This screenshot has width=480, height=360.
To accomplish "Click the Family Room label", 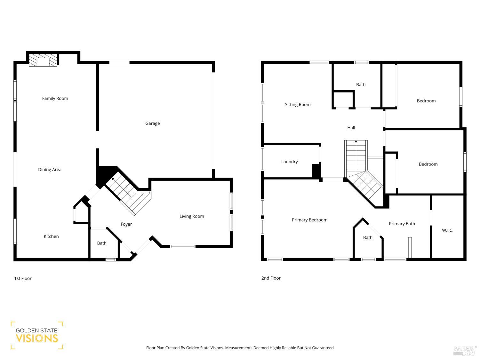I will pos(55,99).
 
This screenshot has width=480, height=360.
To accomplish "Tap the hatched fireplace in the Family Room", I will pos(43,60).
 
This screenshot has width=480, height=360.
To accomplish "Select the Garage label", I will pos(152,124).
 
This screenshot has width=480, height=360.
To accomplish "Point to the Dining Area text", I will pos(50,170).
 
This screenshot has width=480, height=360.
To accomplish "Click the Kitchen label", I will pos(51,236).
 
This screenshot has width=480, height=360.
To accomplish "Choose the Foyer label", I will pos(126,224).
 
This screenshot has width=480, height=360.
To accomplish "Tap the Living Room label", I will pos(192,216).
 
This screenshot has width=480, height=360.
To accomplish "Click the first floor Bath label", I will pos(102,243).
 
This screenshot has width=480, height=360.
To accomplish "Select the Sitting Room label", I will pos(298,105).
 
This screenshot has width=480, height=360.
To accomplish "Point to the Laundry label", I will pos(289,162).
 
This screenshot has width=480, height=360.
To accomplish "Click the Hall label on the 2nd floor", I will pos(351,128).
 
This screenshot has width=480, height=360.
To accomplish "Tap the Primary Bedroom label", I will pos(309,220).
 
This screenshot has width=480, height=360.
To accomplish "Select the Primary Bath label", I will pos(402,224).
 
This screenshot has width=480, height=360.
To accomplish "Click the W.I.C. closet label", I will pos(447,230).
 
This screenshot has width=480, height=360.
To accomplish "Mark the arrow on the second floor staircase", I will pos(356,141).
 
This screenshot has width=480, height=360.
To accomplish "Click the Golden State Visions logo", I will pos(36,335).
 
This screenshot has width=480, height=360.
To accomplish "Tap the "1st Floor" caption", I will pos(23,278).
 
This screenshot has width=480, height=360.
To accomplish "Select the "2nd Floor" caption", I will pos(271,278).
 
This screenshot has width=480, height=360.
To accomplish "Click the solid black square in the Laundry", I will pos(316,171).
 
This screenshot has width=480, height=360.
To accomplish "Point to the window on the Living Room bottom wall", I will pos(182,246).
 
